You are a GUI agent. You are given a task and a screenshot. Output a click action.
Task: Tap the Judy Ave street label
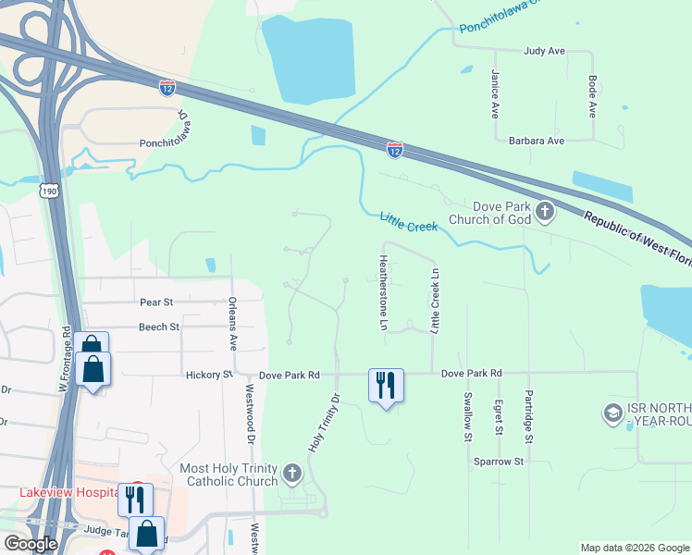pyautogui.click(x=544, y=51)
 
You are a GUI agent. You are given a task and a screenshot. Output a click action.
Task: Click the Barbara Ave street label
pyautogui.click(x=537, y=141)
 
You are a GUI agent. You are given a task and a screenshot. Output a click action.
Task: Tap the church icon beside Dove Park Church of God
pyautogui.click(x=545, y=213)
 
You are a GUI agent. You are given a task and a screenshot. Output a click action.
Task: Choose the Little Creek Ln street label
pyautogui.click(x=434, y=301)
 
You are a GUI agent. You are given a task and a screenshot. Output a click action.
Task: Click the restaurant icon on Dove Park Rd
pyautogui.click(x=386, y=384)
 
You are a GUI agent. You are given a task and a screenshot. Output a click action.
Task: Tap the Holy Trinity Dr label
pyautogui.click(x=325, y=422)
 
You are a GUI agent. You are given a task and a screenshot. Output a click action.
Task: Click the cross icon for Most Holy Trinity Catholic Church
pyautogui.click(x=291, y=475)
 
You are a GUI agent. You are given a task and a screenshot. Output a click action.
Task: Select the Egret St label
pyautogui.click(x=498, y=416)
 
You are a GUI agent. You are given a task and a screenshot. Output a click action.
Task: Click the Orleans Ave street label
pyautogui.click(x=232, y=324)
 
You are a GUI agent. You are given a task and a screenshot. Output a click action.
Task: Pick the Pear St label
pyautogui.click(x=155, y=302)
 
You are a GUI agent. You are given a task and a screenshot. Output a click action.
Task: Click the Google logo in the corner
pyautogui.click(x=31, y=544)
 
